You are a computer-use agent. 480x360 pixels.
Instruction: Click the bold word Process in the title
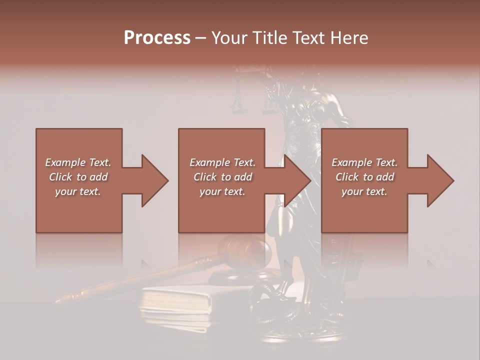pyautogui.click(x=157, y=38)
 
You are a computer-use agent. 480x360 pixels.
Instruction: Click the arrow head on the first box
pyautogui.click(x=154, y=180)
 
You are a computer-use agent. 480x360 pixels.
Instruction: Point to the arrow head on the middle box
pyautogui.click(x=297, y=180)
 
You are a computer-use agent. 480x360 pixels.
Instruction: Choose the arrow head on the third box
pyautogui.click(x=440, y=180)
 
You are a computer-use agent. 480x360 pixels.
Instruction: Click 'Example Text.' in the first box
pyautogui.click(x=78, y=162)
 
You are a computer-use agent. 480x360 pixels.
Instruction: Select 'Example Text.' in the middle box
pyautogui.click(x=222, y=162)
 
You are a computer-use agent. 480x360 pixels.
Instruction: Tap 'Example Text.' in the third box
pyautogui.click(x=364, y=162)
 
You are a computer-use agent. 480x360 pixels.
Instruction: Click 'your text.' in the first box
pyautogui.click(x=78, y=191)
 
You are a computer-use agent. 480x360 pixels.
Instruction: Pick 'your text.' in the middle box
pyautogui.click(x=222, y=191)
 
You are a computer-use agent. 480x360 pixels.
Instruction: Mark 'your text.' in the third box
pyautogui.click(x=364, y=191)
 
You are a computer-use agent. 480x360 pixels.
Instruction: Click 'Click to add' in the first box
pyautogui.click(x=78, y=177)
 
